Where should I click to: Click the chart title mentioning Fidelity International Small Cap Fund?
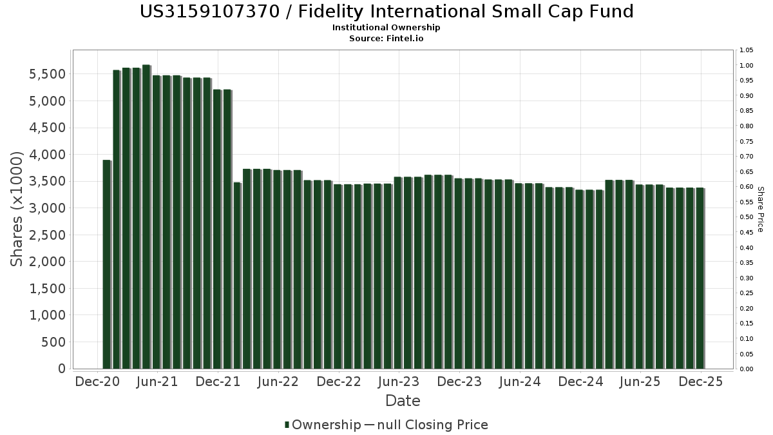tap(386, 12)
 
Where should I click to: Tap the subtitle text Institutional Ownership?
tap(386, 28)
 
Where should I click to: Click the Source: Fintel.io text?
tap(386, 39)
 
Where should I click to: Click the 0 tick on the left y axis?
tap(61, 369)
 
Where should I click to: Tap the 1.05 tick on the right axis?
tap(747, 50)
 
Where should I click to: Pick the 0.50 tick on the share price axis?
tap(747, 217)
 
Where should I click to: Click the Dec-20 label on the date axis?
tap(97, 382)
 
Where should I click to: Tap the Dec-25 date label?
tap(700, 382)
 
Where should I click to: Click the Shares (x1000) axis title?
tap(17, 209)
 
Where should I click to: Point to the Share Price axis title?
tap(760, 209)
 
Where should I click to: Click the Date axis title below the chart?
tap(403, 401)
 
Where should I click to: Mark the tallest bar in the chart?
tap(146, 217)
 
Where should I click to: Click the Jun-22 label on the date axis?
tap(278, 382)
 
